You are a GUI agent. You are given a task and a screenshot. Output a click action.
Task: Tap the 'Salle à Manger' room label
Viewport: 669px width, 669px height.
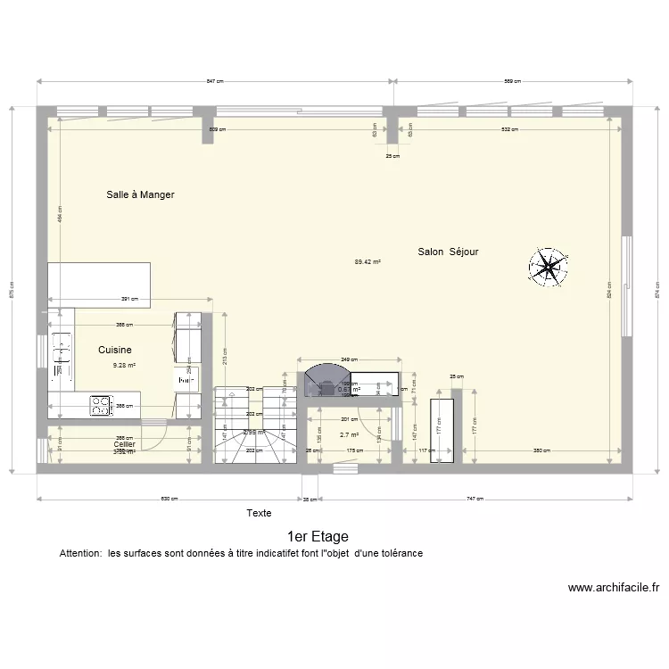(x=140, y=194)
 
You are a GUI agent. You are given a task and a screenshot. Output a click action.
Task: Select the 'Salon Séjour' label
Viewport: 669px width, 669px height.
(x=448, y=252)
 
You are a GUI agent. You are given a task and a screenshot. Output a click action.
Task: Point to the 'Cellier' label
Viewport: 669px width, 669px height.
(x=124, y=444)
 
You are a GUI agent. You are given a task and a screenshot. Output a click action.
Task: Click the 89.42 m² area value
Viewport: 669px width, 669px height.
(x=368, y=262)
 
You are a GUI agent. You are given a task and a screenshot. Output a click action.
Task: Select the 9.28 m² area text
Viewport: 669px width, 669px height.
(x=123, y=365)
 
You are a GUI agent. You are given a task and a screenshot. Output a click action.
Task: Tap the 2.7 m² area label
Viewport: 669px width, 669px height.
(x=349, y=435)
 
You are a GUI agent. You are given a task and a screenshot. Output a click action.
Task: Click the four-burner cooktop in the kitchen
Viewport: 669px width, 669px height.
(x=99, y=405)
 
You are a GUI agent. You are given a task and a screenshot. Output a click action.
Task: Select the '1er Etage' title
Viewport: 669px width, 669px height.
(x=318, y=537)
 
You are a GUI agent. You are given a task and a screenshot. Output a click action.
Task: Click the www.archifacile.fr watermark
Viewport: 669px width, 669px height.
(x=614, y=588)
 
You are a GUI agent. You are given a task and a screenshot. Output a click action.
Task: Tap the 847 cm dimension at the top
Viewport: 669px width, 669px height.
(x=214, y=81)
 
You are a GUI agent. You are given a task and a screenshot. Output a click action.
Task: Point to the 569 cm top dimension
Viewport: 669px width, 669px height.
(x=512, y=81)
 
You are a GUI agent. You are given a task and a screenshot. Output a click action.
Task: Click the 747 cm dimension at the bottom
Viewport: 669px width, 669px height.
(x=475, y=500)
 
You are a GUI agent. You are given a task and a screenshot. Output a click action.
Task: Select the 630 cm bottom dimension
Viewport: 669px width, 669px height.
(x=169, y=500)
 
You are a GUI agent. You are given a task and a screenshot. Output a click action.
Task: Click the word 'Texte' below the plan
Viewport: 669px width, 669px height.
(x=259, y=513)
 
